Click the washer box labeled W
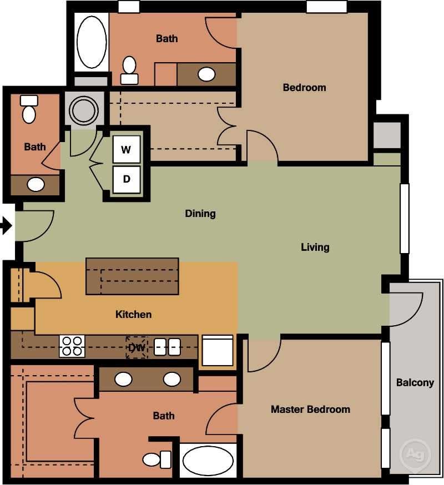pyautogui.click(x=127, y=149)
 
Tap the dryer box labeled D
pyautogui.click(x=127, y=179)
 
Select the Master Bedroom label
pyautogui.click(x=310, y=410)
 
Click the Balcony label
pyautogui.click(x=415, y=382)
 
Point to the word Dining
pyautogui.click(x=200, y=214)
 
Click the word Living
pyautogui.click(x=315, y=247)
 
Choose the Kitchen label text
pyautogui.click(x=133, y=315)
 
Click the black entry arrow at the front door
pyautogui.click(x=6, y=226)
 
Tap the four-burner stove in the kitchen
pyautogui.click(x=72, y=346)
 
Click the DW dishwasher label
pyautogui.click(x=136, y=347)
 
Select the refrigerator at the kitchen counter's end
pyautogui.click(x=218, y=350)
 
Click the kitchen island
pyautogui.click(x=132, y=276)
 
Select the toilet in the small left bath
pyautogui.click(x=29, y=109)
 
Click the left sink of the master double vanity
pyautogui.click(x=123, y=380)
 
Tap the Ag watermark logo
pyautogui.click(x=415, y=453)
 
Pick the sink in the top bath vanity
pyautogui.click(x=207, y=74)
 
